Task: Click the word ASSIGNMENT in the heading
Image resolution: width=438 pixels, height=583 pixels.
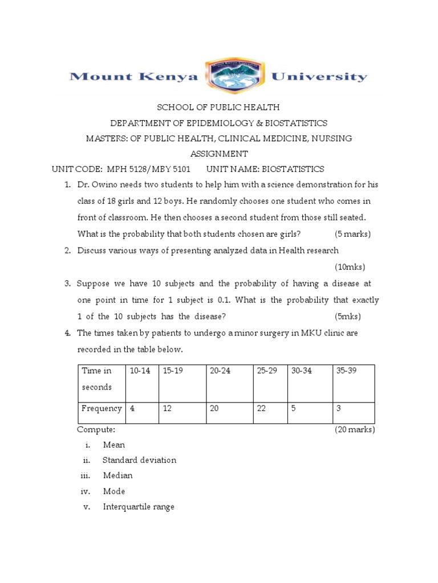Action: click(x=219, y=154)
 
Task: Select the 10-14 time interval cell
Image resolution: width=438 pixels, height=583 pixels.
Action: click(x=140, y=371)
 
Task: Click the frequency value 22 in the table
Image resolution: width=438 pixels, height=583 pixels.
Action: click(x=262, y=408)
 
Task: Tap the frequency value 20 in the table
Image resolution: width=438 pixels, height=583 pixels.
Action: click(x=214, y=408)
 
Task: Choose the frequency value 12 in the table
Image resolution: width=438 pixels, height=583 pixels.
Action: click(x=167, y=408)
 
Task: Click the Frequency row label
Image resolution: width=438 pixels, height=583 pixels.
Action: click(x=102, y=408)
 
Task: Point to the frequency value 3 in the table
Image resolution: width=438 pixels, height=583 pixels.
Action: click(x=339, y=408)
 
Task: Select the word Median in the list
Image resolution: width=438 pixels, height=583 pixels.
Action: click(x=117, y=475)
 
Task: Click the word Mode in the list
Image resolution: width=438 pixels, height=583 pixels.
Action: click(x=114, y=491)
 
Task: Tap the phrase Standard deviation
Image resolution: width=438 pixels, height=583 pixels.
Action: click(x=139, y=460)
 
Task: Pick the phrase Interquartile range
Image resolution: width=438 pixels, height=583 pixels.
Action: click(x=139, y=506)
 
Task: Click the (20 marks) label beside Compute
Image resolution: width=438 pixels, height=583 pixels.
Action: click(x=354, y=430)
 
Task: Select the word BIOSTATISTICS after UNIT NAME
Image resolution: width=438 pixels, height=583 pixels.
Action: click(x=292, y=169)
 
